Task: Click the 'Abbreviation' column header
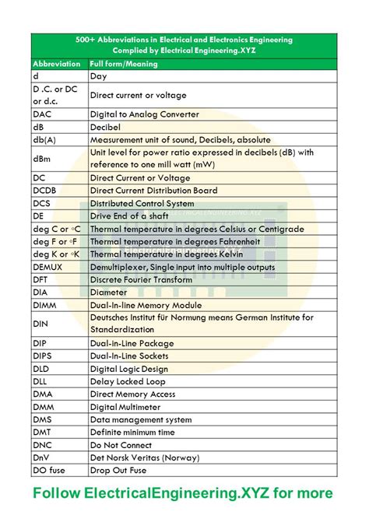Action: click(x=55, y=64)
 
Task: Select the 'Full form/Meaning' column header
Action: click(x=124, y=64)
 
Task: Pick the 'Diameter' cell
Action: click(x=109, y=293)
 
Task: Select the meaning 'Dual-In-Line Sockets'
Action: click(x=134, y=356)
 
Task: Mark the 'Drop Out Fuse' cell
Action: click(x=120, y=471)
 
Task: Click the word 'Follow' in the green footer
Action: click(x=57, y=493)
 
